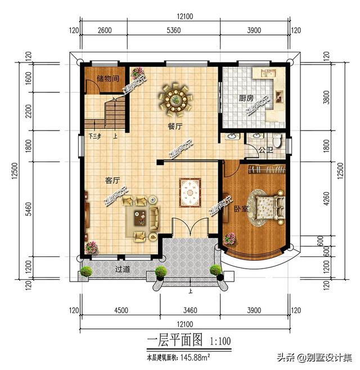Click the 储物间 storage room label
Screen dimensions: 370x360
pos(107,79)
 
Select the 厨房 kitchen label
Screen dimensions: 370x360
pos(246,98)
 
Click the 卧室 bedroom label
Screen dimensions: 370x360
pos(241,208)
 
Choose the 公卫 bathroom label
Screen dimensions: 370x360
pos(266,150)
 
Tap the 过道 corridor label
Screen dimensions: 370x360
pos(123,270)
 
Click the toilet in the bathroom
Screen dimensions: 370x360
pos(276,139)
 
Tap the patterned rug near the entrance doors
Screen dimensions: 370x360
pos(190,193)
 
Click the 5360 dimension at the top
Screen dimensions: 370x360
pos(177,30)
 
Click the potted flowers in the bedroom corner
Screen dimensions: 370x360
pos(229,239)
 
